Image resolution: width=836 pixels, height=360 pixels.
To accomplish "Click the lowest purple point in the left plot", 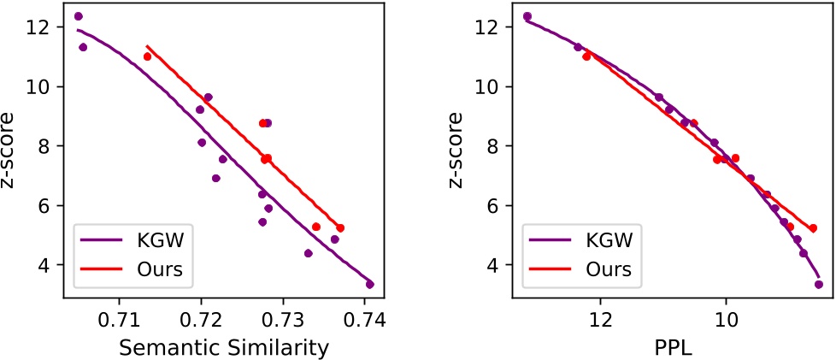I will pyautogui.click(x=369, y=284).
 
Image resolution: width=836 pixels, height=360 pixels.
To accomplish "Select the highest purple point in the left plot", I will pyautogui.click(x=79, y=16).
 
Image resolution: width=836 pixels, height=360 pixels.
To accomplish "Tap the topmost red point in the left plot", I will pyautogui.click(x=147, y=56).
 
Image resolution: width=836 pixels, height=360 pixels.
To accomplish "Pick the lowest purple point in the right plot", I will pyautogui.click(x=818, y=284).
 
